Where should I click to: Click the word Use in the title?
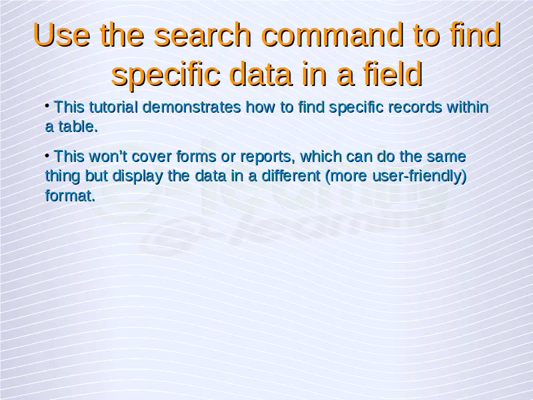click(62, 35)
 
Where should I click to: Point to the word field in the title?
click(393, 73)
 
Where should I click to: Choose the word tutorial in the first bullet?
click(113, 107)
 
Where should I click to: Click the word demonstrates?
click(192, 107)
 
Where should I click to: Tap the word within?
click(468, 107)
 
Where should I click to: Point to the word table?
click(78, 127)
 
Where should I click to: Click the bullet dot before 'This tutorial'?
click(47, 106)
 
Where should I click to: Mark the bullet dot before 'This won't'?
click(47, 156)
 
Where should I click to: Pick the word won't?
click(108, 157)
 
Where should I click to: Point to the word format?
click(71, 195)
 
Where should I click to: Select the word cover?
click(152, 157)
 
